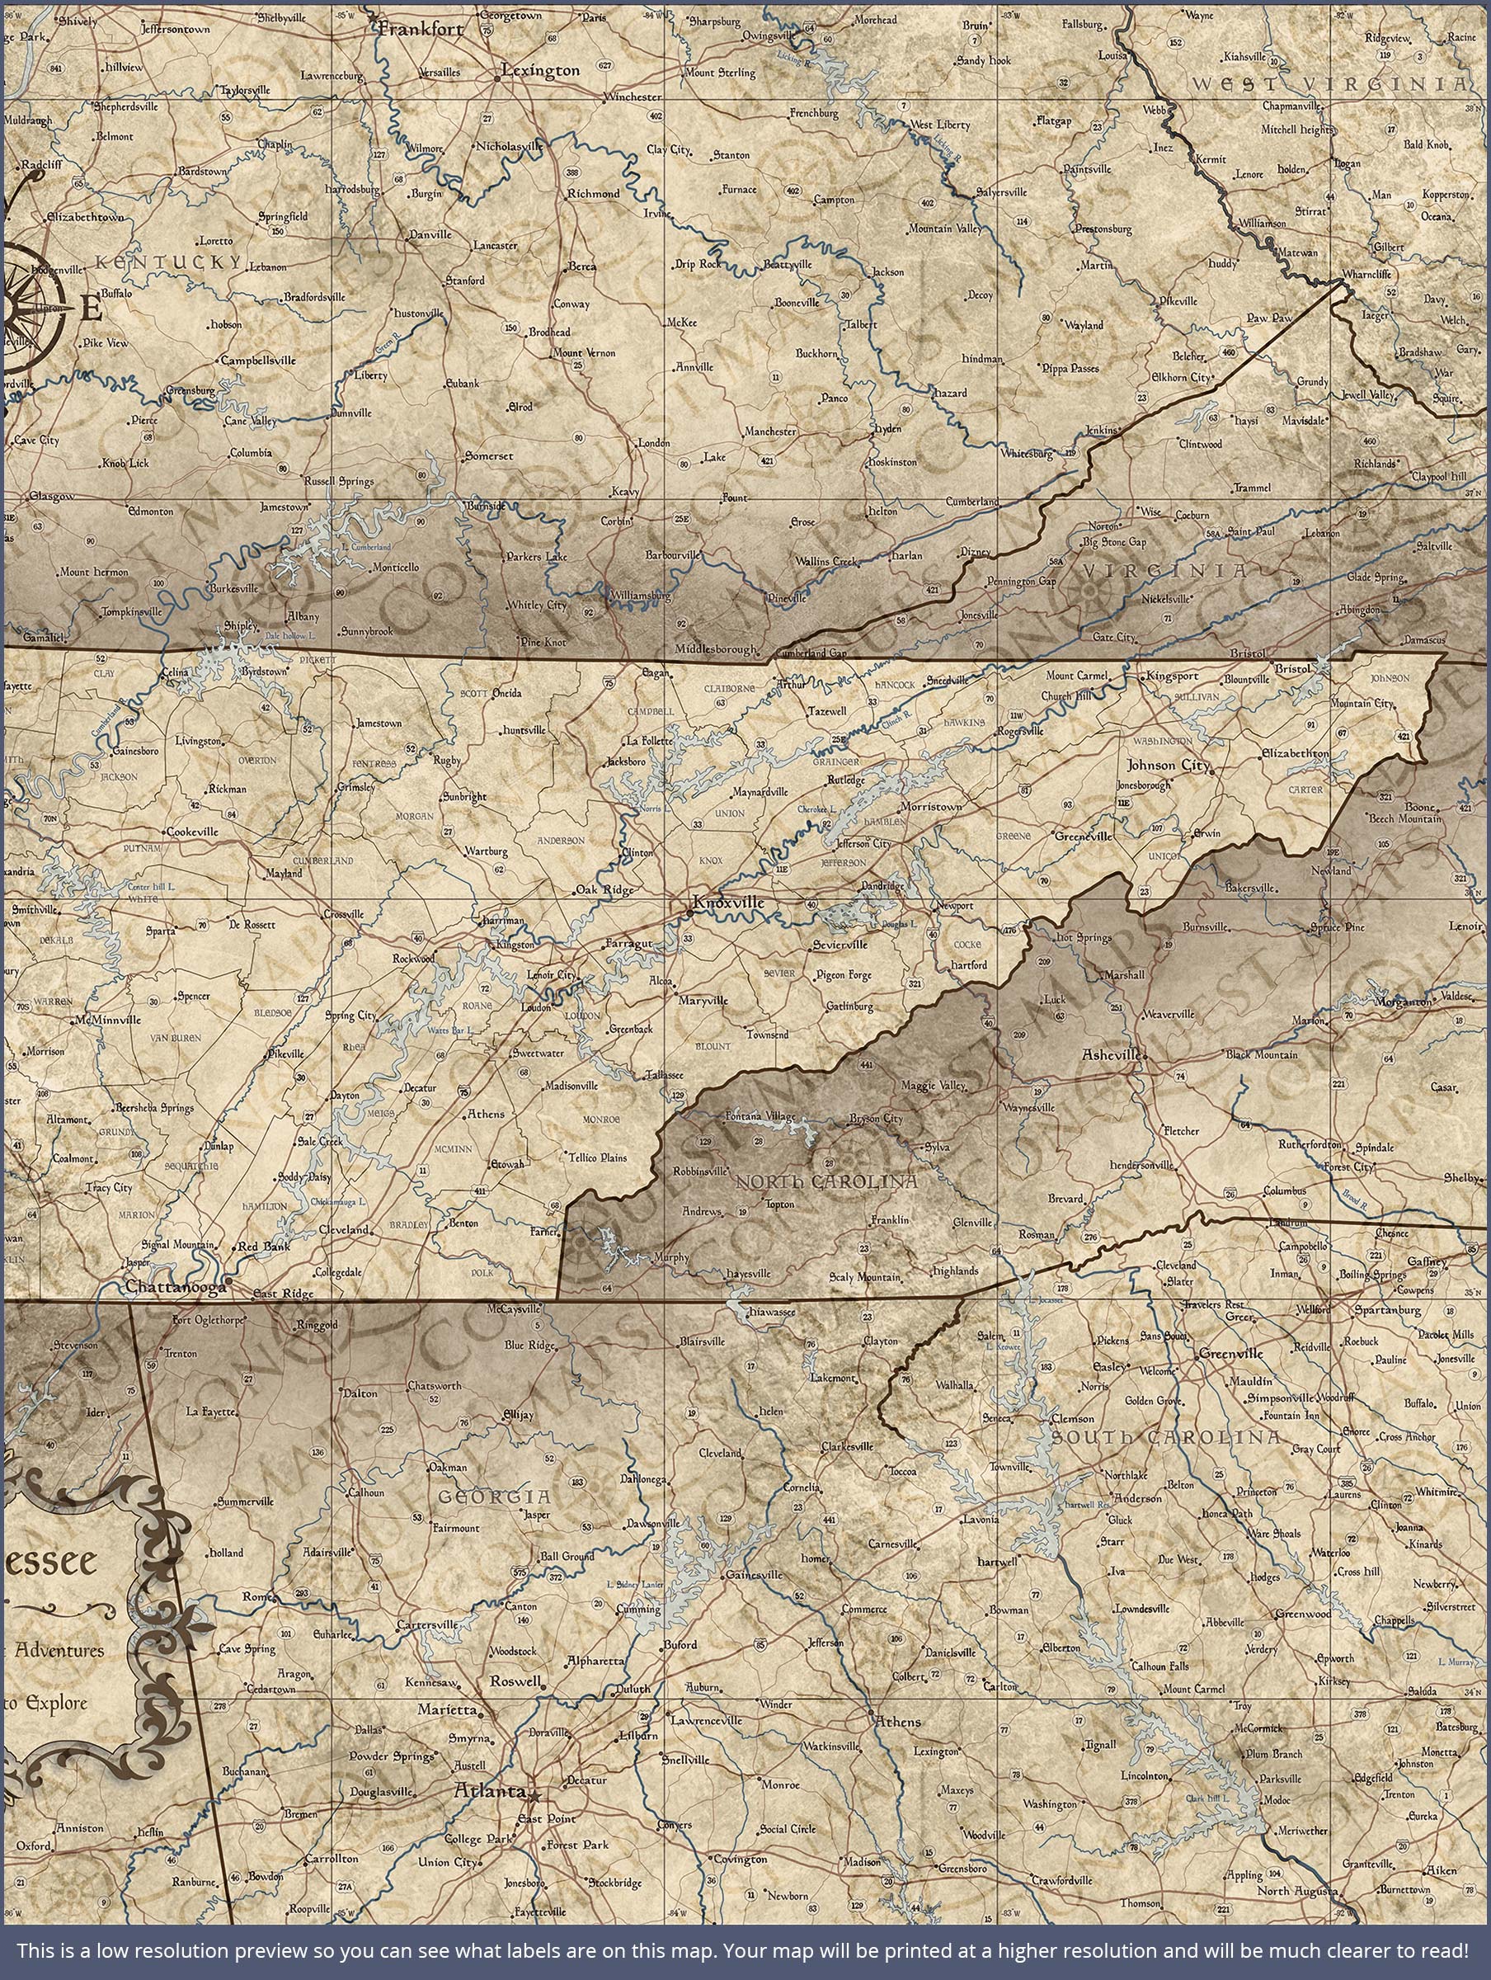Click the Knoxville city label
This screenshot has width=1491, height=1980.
(729, 903)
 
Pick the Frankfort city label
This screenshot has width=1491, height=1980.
(421, 29)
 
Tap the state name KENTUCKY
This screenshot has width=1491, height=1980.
(168, 262)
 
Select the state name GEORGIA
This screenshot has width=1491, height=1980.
(494, 1496)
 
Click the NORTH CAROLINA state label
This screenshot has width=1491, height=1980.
(826, 1182)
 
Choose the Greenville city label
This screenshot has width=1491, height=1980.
(1230, 1355)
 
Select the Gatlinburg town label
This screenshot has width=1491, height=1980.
(849, 1007)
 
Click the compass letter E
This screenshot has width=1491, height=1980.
(91, 309)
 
